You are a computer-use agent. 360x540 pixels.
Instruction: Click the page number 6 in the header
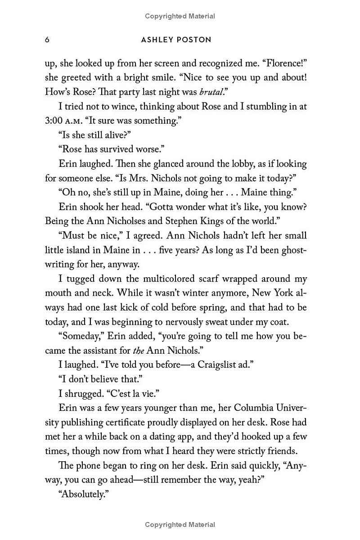tap(47, 40)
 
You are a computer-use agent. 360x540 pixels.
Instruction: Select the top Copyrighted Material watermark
tap(180, 16)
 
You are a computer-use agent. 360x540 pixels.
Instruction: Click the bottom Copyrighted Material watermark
tap(180, 524)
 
